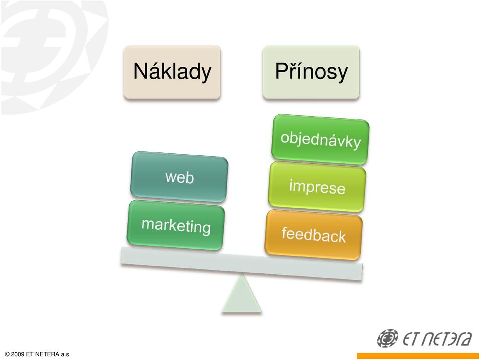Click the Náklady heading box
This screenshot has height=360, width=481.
point(172,72)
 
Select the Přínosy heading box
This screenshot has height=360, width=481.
point(311,72)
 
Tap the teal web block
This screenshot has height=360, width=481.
point(179,177)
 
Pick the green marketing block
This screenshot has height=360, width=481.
point(176,225)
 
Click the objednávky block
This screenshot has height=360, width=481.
point(320,140)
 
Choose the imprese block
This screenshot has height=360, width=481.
point(317,187)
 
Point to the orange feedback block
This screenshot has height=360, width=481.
point(314,235)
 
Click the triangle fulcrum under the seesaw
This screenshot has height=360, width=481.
point(242,293)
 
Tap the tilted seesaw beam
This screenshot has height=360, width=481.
point(242,264)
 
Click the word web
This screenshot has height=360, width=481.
point(180,177)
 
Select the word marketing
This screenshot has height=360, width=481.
point(176,226)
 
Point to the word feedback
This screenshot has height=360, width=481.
point(314,235)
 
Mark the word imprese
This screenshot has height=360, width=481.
point(317,187)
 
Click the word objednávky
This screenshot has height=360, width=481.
point(321,141)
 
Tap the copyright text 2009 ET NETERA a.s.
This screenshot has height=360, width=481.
point(38,354)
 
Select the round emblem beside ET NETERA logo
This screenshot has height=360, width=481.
point(388,338)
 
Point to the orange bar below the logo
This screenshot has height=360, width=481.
point(419,356)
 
